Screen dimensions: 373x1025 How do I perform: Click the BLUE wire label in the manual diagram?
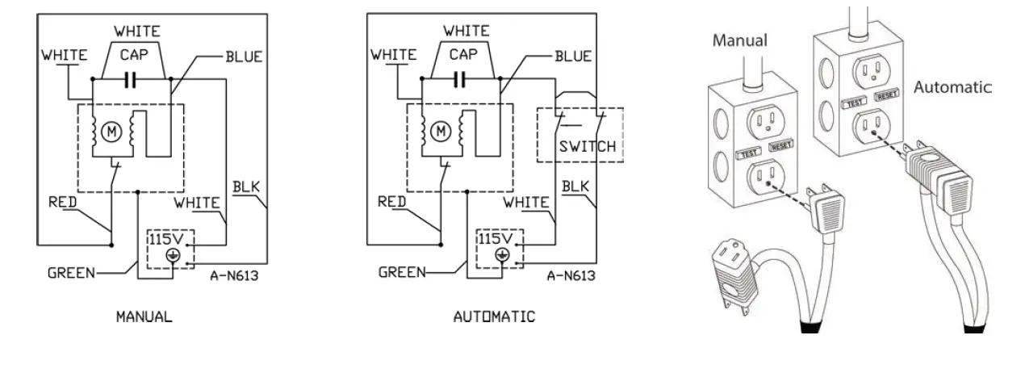tap(244, 57)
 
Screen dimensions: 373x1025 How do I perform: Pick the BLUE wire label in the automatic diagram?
tap(571, 57)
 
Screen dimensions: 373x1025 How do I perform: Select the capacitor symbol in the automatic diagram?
tap(460, 79)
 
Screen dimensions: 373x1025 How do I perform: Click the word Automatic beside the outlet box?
tap(952, 87)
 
